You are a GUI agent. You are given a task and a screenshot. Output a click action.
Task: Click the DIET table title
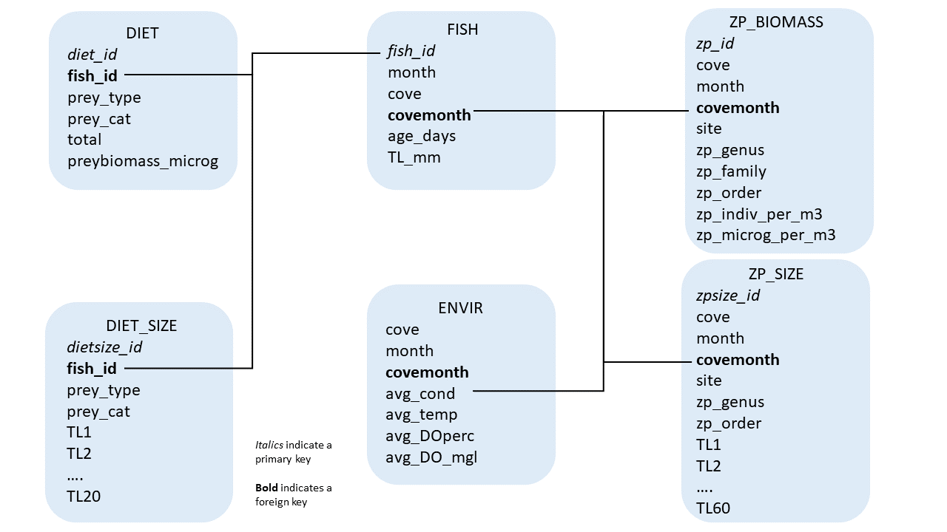(143, 33)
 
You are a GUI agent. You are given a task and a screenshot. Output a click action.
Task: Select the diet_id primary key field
(92, 54)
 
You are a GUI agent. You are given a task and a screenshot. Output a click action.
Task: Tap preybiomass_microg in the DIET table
(143, 160)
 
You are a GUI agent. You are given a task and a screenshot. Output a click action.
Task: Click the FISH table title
(462, 30)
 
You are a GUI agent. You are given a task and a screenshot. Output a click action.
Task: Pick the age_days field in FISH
(422, 136)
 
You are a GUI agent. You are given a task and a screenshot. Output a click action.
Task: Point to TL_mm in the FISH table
(414, 157)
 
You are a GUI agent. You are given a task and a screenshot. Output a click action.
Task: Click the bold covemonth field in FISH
(429, 115)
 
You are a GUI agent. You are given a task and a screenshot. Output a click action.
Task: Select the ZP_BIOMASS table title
(775, 22)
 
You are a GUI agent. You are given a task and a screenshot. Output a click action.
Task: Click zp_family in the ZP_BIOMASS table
(731, 171)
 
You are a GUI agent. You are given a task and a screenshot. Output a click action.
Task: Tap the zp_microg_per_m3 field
(766, 235)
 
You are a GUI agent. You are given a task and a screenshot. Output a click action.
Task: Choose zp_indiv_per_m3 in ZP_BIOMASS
(759, 214)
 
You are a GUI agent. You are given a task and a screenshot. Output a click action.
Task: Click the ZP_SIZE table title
(775, 274)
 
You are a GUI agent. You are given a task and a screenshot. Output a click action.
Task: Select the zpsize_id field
(728, 296)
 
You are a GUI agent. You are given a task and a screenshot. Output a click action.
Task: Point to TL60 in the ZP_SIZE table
(713, 508)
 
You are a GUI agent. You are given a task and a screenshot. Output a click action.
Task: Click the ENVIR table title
(460, 308)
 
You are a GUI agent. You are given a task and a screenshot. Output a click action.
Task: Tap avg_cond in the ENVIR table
(420, 393)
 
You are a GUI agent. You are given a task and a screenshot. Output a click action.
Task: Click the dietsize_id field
(104, 347)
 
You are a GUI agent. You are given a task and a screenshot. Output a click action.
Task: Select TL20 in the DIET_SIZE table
(84, 497)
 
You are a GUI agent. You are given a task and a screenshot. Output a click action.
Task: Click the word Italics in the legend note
(269, 445)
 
